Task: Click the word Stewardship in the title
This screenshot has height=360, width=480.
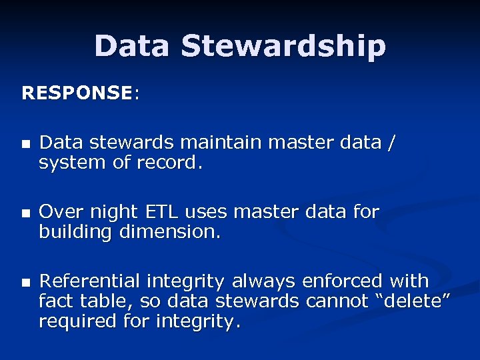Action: click(x=283, y=47)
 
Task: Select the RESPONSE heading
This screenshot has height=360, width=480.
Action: click(x=77, y=93)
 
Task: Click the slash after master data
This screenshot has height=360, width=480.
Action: click(x=391, y=143)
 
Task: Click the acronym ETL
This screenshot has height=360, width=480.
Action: click(x=155, y=213)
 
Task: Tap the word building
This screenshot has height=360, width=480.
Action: click(x=73, y=233)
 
